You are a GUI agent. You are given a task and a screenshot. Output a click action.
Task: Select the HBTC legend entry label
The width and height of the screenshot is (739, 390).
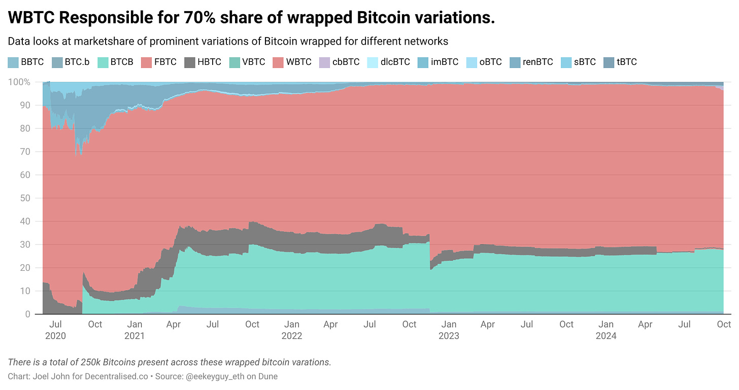[210, 62]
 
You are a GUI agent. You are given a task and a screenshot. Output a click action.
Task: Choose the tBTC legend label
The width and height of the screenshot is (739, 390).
[626, 62]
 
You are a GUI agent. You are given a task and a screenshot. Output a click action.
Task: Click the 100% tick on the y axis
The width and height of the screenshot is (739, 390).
[19, 82]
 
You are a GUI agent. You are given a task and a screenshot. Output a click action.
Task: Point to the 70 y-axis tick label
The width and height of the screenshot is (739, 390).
[25, 152]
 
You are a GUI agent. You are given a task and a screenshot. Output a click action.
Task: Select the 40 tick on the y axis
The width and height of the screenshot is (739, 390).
[25, 221]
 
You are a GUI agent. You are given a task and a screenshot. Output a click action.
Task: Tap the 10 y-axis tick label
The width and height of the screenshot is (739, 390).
[25, 291]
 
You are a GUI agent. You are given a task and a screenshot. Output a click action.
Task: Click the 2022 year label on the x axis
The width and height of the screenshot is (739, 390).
[291, 336]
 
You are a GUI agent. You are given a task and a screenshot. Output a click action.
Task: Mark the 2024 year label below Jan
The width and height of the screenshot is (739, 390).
[606, 336]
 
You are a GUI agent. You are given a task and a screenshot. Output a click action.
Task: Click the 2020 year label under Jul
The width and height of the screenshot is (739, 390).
[56, 336]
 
